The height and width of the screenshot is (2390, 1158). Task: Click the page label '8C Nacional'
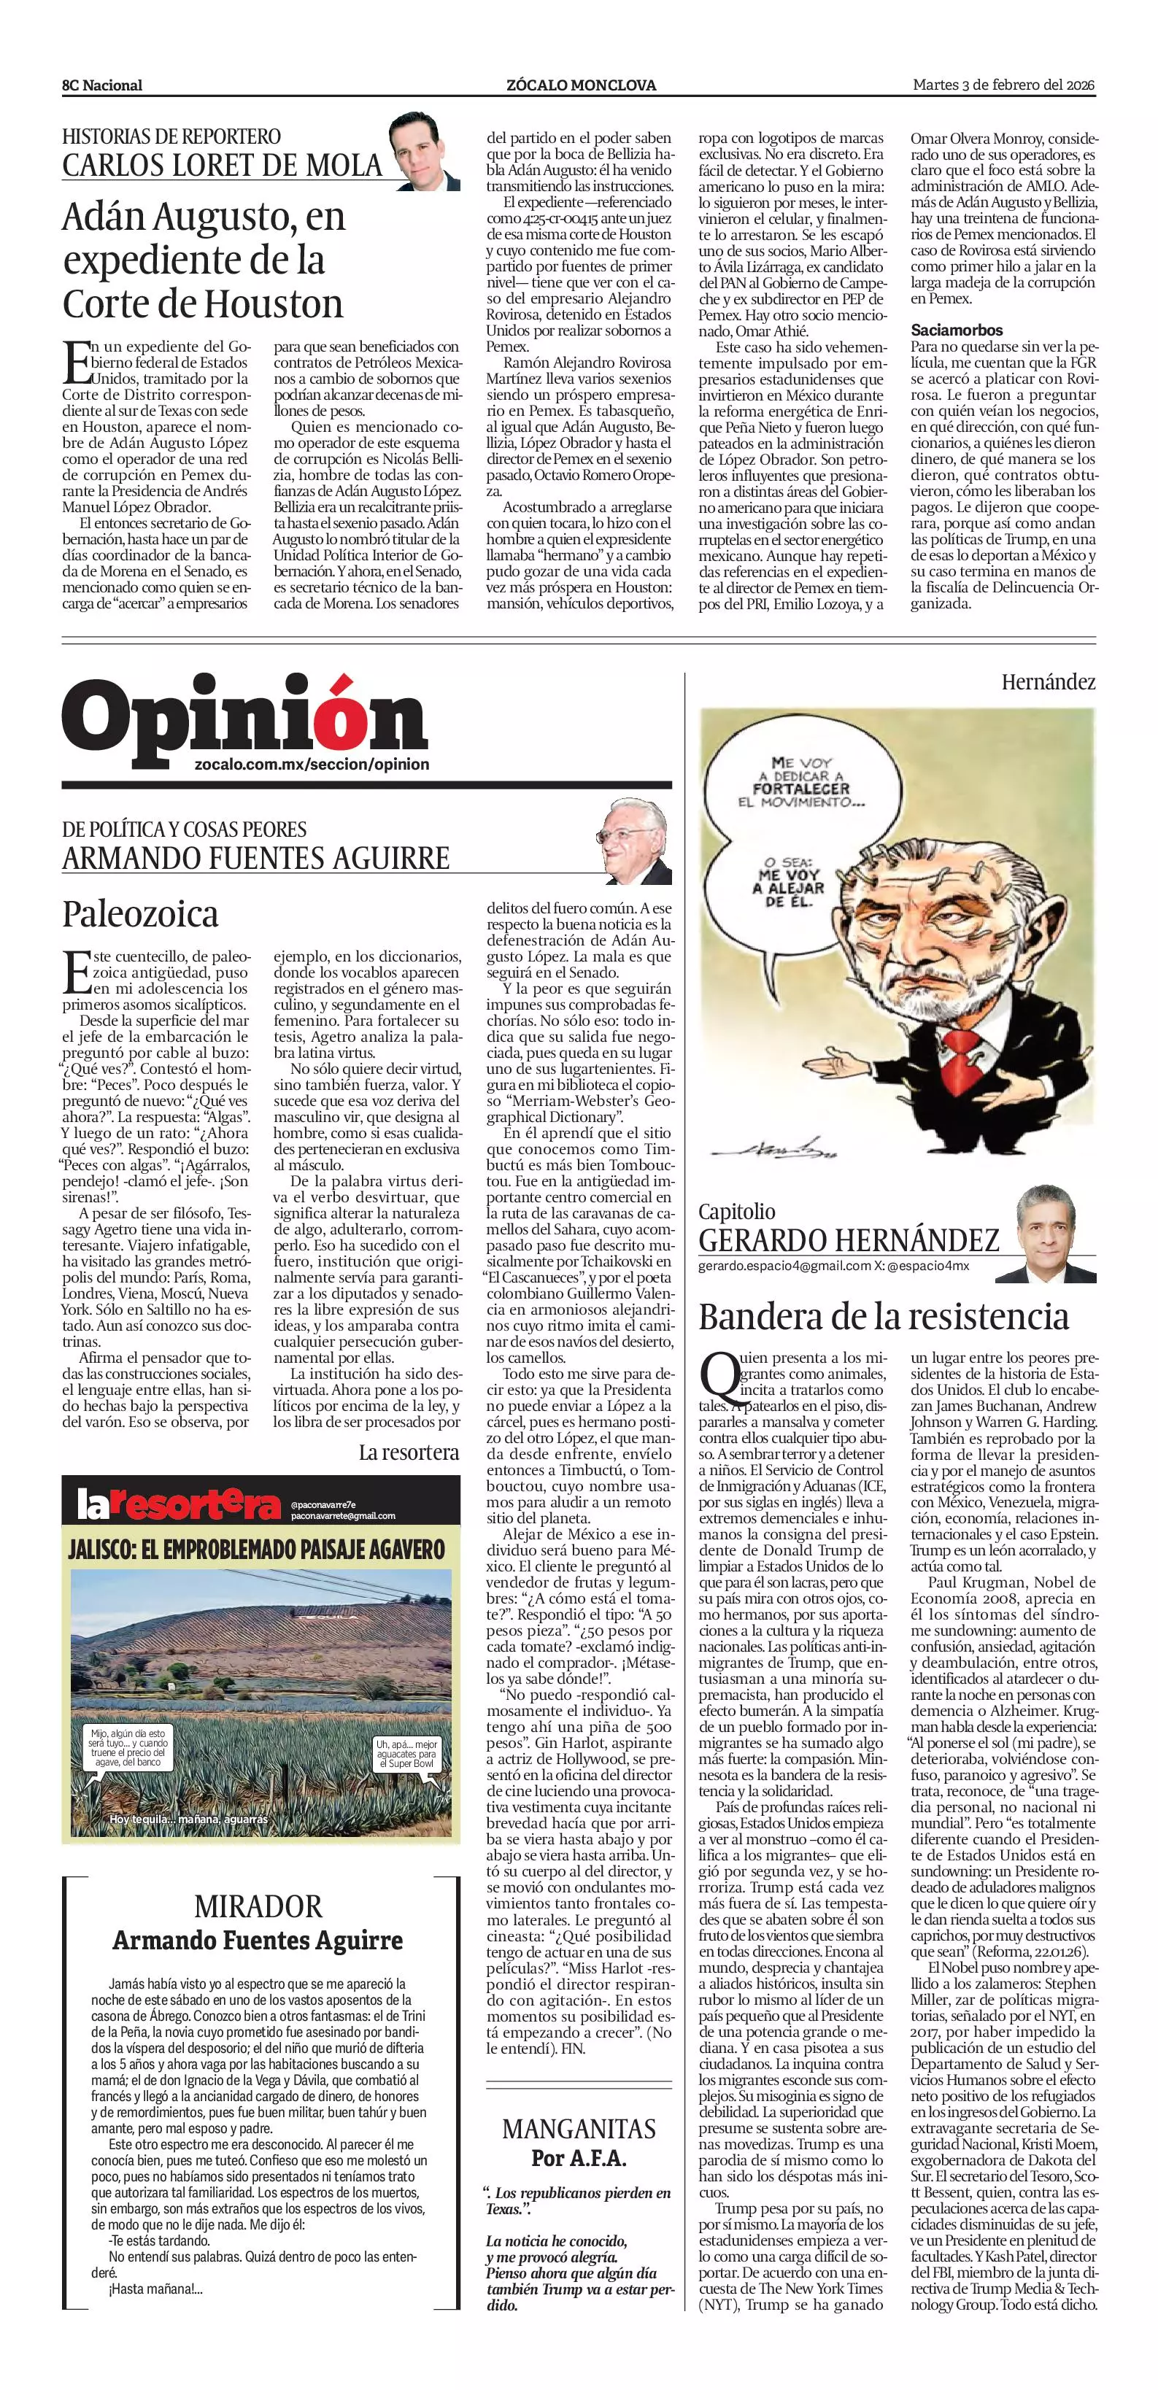coord(102,85)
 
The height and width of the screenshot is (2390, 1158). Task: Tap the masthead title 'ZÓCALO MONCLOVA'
coord(581,85)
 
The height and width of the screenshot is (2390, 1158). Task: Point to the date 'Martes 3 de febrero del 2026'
coord(1004,85)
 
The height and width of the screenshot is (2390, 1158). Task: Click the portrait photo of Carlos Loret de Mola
coord(424,151)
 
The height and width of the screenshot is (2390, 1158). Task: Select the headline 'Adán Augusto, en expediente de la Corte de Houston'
coord(204,260)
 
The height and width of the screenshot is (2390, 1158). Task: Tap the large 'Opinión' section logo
coord(245,718)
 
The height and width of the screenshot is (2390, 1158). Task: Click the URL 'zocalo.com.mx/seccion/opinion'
coord(313,765)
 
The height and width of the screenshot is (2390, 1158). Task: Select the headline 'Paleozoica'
coord(141,914)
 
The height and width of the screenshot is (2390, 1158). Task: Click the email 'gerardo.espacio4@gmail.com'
coord(784,1266)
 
